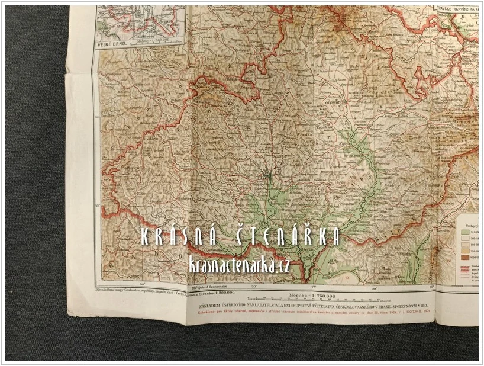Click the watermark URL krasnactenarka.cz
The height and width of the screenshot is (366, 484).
coord(240,266)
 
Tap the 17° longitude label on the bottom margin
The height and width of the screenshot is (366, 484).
coord(312,288)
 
